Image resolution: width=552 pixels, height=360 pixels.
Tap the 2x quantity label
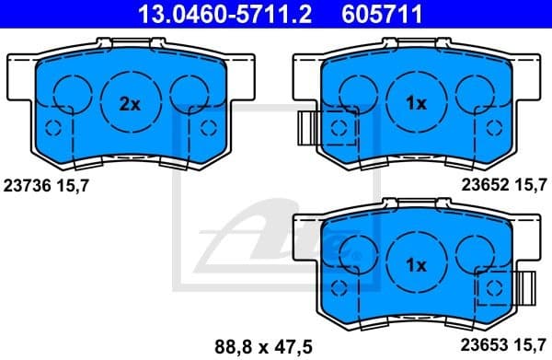[130, 104]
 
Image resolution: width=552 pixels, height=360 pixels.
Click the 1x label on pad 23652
[416, 104]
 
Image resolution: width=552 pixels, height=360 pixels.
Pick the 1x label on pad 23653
[416, 264]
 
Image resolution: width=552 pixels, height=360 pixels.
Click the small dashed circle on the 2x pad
[52, 128]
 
